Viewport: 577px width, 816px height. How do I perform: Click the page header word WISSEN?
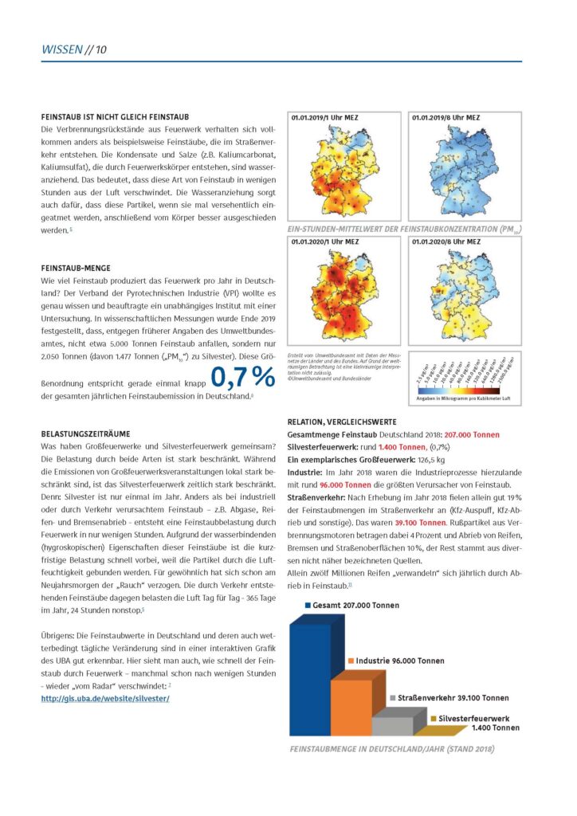tap(62, 50)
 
